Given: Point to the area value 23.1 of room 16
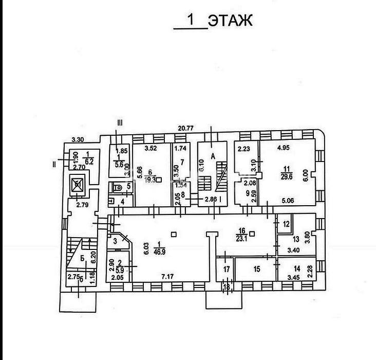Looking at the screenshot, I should click(240, 238).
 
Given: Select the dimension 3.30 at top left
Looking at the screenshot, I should click(78, 139).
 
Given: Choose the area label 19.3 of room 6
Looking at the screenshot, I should click(151, 181).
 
